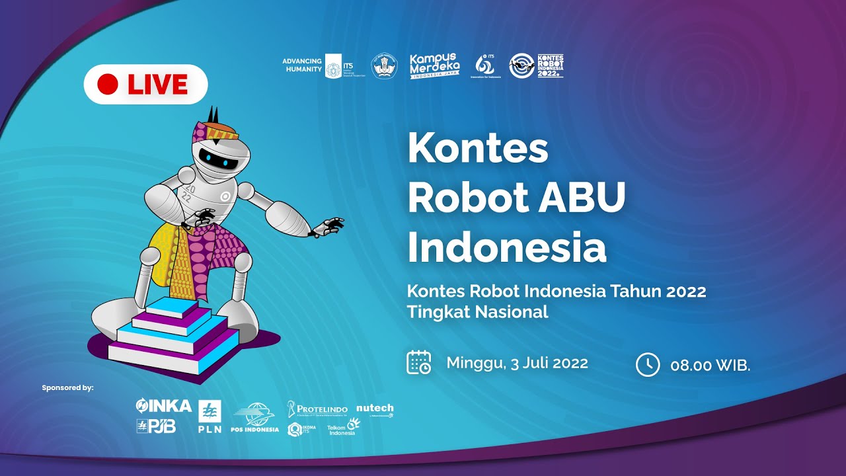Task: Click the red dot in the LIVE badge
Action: pos(107,84)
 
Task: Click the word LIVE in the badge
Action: pos(157,85)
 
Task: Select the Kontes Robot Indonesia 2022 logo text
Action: pos(551,65)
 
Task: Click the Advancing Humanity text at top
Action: pos(302,65)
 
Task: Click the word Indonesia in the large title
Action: pos(506,247)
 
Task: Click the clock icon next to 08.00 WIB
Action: pos(647,364)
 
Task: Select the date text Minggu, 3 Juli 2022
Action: pos(517,363)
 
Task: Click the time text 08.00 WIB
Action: pos(710,365)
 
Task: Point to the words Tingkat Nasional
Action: pos(477,312)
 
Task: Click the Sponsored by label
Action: pos(67,387)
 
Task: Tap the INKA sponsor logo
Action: pos(163,405)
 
